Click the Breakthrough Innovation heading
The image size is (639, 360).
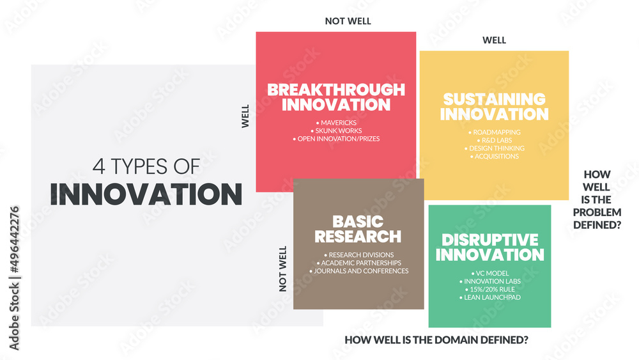point(336,97)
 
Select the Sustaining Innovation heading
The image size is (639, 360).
point(494,107)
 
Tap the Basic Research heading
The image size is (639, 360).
point(358,229)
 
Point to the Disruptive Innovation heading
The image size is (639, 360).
point(489,247)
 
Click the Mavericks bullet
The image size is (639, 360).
point(336,122)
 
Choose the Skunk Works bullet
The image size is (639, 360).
point(336,130)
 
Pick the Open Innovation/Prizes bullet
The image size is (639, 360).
point(336,139)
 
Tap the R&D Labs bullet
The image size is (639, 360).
point(494,141)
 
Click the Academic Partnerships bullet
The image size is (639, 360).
point(358,263)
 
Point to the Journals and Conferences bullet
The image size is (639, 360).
point(358,271)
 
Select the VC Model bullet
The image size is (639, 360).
point(489,273)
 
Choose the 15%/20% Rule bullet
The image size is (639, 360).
point(489,290)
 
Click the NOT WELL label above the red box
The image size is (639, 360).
point(348,21)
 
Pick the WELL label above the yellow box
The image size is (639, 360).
point(494,40)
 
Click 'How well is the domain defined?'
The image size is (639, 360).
point(436,340)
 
